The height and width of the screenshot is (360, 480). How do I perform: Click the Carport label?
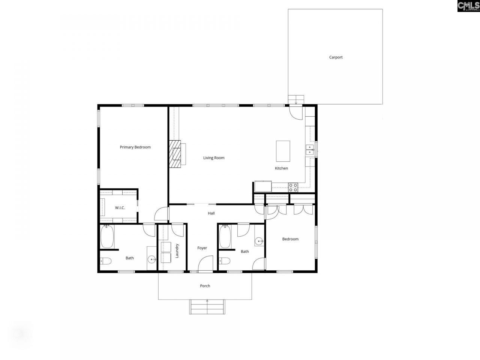[336, 57]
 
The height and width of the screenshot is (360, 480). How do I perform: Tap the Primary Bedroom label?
[135, 147]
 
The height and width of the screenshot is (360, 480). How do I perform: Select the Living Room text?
[214, 158]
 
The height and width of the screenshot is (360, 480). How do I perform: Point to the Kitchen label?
[281, 168]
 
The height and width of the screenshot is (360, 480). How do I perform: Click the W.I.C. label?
[120, 208]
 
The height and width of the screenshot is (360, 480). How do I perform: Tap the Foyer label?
[202, 248]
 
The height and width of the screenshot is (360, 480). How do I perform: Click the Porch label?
[205, 286]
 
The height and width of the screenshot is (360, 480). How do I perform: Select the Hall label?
[211, 213]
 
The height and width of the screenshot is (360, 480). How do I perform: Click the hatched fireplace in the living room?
[175, 154]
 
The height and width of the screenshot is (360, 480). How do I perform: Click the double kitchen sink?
[310, 150]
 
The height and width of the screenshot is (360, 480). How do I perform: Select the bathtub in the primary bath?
[107, 237]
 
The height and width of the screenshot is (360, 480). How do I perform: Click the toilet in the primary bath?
[105, 261]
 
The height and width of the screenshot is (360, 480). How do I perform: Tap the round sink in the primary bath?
[152, 259]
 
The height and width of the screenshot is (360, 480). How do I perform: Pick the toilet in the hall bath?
[224, 261]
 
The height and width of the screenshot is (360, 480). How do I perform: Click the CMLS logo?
[468, 6]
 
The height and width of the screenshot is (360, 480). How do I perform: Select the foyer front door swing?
[206, 263]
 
